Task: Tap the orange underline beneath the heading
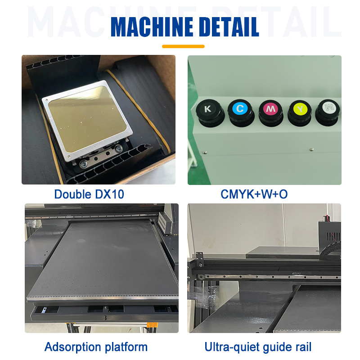tap(183, 46)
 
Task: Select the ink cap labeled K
tap(207, 109)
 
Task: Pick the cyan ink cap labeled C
tap(239, 109)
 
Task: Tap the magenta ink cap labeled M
tap(270, 109)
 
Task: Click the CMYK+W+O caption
tap(254, 194)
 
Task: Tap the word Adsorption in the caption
tap(72, 347)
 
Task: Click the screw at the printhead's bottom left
tap(83, 165)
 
